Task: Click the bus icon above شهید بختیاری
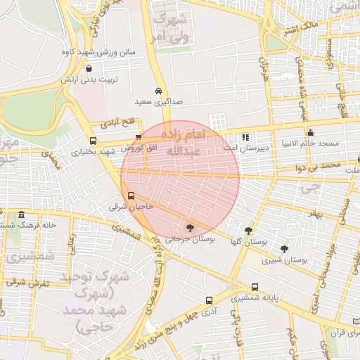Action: [x=94, y=141]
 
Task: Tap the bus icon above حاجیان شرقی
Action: [x=130, y=196]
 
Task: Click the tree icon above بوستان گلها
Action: [x=248, y=230]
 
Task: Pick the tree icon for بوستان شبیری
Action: [x=284, y=249]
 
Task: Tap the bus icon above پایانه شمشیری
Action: [x=254, y=287]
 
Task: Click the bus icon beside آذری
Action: [x=208, y=300]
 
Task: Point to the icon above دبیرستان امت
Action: [x=245, y=137]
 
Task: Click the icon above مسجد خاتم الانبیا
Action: [x=310, y=132]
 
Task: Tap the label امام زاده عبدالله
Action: [x=184, y=142]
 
